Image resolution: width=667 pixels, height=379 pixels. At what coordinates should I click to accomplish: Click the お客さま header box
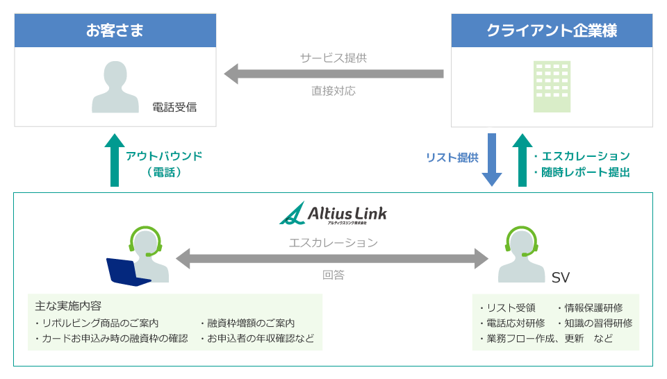(x=115, y=31)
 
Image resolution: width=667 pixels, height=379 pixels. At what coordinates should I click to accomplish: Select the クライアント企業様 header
(x=552, y=31)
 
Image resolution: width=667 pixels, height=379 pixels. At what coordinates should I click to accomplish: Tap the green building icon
(x=552, y=87)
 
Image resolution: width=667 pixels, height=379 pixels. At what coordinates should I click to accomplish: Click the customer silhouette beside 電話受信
(x=115, y=87)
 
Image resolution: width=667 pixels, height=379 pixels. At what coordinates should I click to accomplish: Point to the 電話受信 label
(x=174, y=107)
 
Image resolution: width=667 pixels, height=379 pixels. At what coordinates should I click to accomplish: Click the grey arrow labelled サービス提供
(x=333, y=74)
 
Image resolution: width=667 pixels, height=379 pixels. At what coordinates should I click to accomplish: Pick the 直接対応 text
(x=333, y=91)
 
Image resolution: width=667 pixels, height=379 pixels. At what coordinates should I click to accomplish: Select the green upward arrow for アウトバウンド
(x=114, y=160)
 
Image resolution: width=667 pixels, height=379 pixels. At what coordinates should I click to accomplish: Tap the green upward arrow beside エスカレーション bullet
(x=522, y=160)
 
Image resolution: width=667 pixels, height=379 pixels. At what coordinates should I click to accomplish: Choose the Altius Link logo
(x=333, y=213)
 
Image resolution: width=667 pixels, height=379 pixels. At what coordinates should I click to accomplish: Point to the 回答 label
(x=333, y=275)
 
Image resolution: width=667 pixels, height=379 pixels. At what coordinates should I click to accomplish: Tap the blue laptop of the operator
(x=126, y=271)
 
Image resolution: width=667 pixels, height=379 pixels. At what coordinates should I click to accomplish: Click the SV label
(x=560, y=278)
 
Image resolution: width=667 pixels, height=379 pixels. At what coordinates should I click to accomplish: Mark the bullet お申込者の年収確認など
(x=256, y=339)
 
